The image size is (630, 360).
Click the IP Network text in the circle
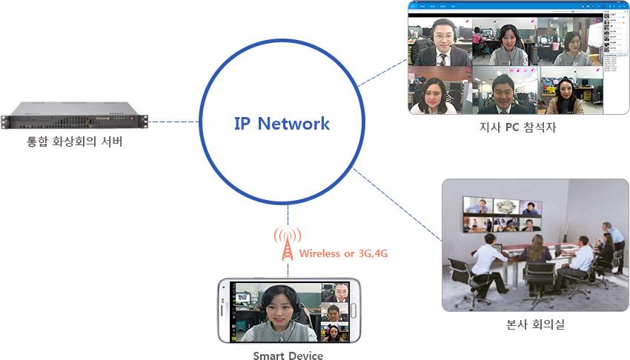coord(282,124)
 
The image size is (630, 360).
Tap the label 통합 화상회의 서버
coord(75,141)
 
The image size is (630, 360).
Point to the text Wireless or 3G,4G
coord(344,253)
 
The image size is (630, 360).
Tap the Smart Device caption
coord(288,356)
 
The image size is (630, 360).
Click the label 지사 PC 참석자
coord(517,127)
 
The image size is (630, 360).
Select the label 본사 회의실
coord(535,324)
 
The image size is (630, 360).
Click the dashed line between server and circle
coord(174,121)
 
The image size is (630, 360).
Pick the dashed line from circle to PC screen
coord(382,75)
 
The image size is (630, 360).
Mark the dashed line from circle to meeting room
coord(397,204)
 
